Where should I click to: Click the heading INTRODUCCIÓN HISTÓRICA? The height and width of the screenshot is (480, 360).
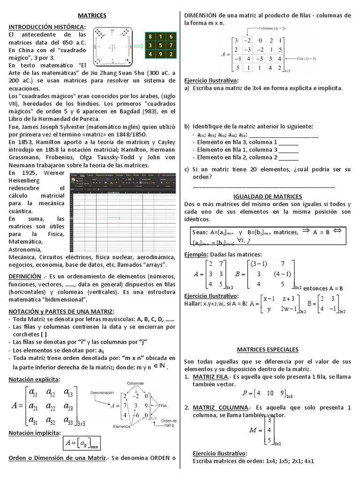point(47,26)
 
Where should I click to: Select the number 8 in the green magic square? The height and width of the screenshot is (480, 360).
point(150,36)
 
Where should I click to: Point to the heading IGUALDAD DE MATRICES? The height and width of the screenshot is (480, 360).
point(268,196)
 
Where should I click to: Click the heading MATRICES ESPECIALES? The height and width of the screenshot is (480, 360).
point(268,350)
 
